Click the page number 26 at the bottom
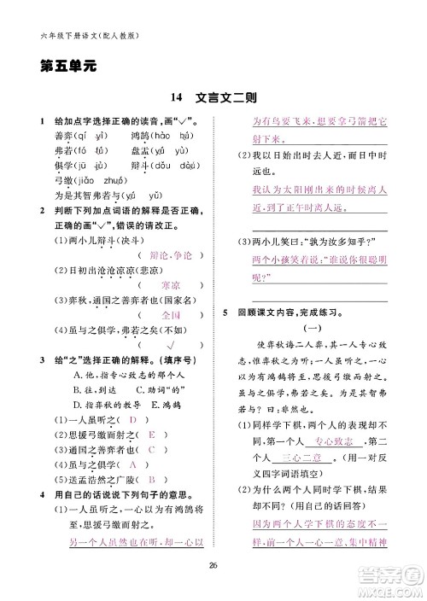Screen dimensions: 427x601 (x=214, y=562)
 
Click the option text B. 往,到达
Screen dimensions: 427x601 (x=74, y=367)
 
